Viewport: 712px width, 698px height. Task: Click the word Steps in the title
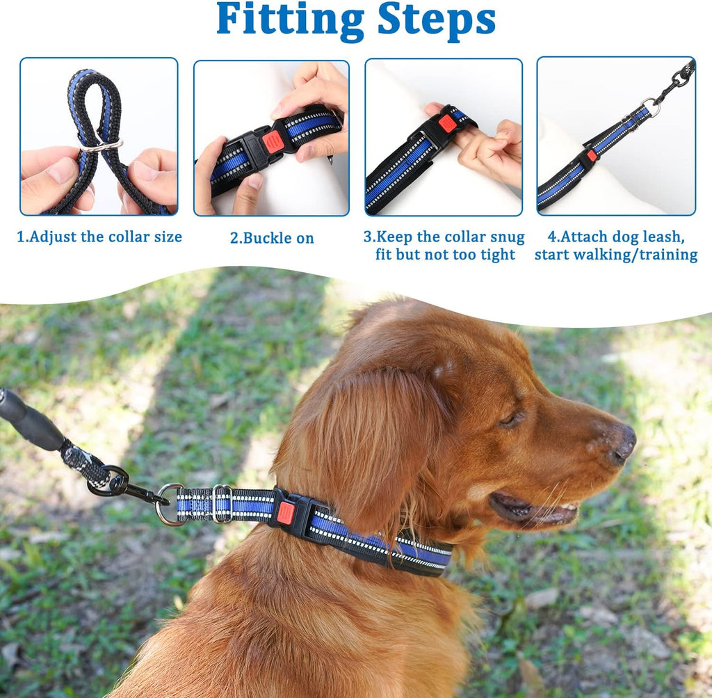coord(437,19)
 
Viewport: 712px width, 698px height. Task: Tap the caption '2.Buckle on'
coord(272,238)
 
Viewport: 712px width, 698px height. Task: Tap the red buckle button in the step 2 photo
coord(274,141)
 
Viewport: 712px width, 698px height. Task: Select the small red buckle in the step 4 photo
coord(591,155)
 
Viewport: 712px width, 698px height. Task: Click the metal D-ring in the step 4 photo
coord(652,107)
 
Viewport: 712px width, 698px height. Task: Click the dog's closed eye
coord(510,419)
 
